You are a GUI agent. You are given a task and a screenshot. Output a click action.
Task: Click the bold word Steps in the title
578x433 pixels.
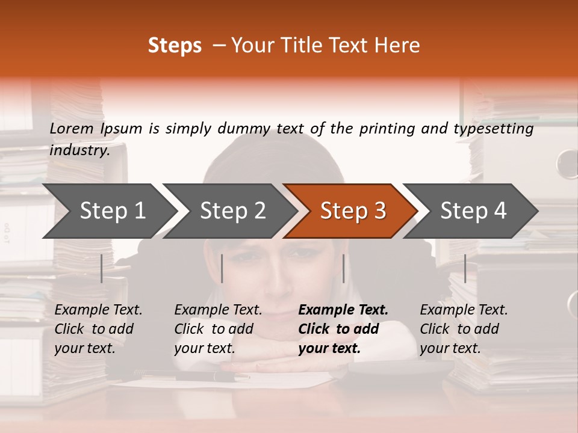click(175, 46)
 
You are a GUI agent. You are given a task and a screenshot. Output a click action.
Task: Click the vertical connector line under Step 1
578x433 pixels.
click(102, 268)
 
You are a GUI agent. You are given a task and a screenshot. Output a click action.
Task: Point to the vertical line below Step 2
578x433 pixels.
click(222, 268)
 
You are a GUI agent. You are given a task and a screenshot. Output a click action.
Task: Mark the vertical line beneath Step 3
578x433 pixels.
click(343, 268)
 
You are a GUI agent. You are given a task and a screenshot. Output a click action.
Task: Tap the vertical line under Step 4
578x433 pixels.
click(465, 268)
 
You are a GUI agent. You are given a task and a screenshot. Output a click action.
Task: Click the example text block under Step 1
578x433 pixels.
click(98, 329)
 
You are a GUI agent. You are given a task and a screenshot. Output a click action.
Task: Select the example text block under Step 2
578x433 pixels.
click(218, 329)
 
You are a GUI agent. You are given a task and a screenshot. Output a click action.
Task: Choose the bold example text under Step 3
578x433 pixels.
click(343, 329)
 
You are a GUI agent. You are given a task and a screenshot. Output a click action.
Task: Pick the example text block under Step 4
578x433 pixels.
click(464, 329)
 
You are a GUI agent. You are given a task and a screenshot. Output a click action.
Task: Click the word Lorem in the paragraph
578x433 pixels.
click(72, 128)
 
